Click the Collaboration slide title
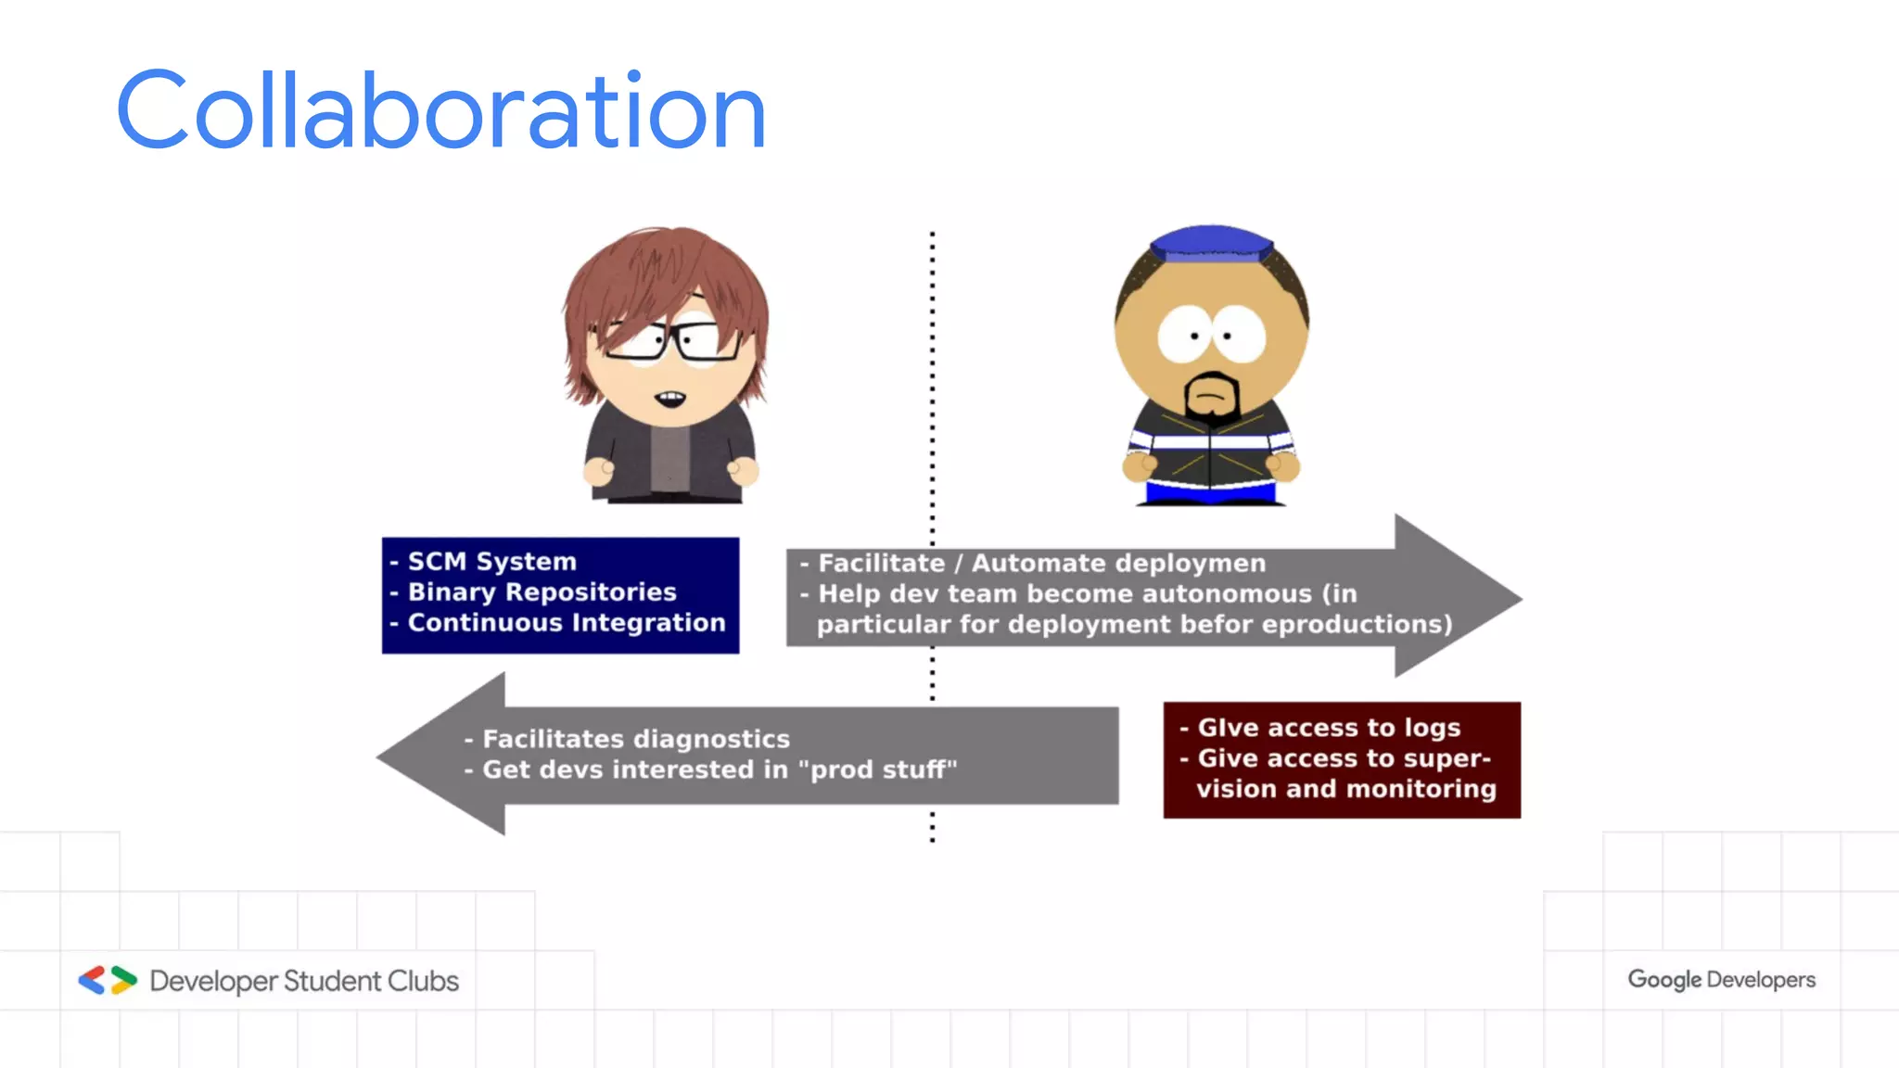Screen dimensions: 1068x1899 tap(441, 111)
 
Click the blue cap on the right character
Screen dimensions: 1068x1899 tap(1210, 243)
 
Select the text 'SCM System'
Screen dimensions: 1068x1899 tap(491, 562)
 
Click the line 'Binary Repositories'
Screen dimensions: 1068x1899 tap(542, 592)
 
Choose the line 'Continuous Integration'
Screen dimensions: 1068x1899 tap(566, 623)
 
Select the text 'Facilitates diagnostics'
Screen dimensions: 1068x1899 tap(636, 739)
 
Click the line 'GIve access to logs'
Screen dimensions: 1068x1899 tap(1328, 728)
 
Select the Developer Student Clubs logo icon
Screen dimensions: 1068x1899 tap(108, 980)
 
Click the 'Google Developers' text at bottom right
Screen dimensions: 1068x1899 tap(1721, 980)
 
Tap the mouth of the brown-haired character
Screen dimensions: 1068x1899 tap(670, 400)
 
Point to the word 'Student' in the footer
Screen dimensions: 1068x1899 tap(331, 981)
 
